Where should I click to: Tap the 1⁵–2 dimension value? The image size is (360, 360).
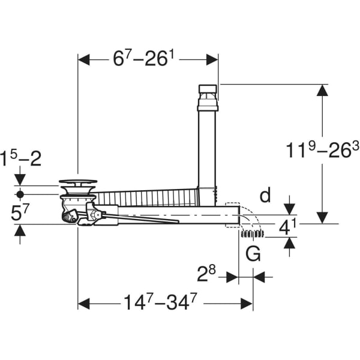point(20,160)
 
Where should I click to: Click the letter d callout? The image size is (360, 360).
point(266,196)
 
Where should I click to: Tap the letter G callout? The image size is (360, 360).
point(254,254)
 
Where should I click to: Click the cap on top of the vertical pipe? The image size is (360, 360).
point(208,91)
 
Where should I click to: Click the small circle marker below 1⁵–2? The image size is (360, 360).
point(20,194)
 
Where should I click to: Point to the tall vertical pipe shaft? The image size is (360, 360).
point(207,150)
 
